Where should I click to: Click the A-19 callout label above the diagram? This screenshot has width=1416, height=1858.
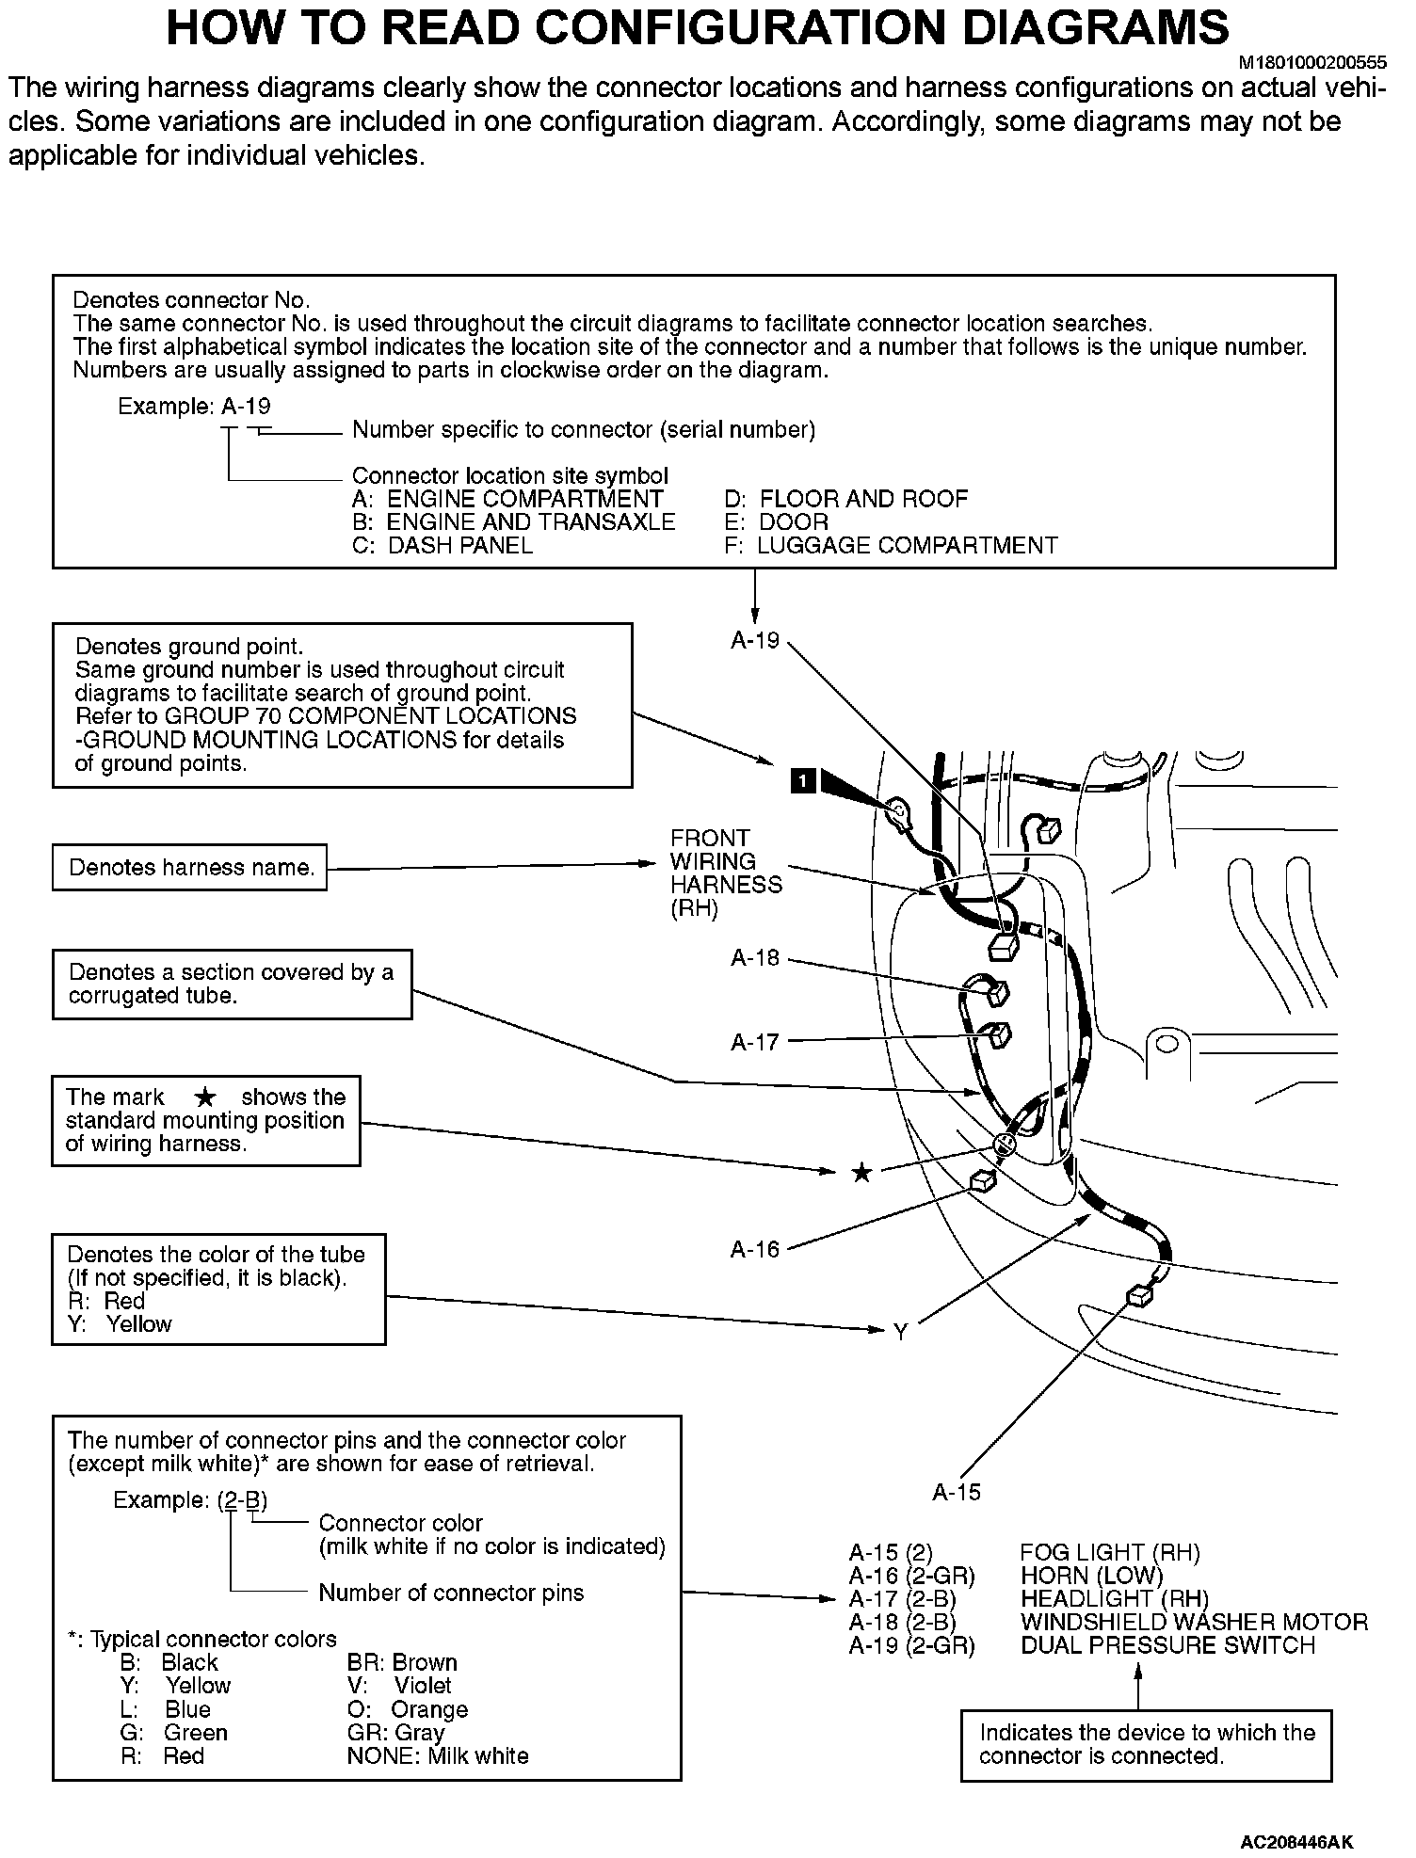click(x=755, y=641)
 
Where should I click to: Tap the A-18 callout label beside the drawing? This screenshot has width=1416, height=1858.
click(x=755, y=958)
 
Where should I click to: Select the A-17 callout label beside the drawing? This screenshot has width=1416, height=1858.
click(x=755, y=1042)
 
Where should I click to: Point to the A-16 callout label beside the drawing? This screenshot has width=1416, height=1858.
click(x=755, y=1249)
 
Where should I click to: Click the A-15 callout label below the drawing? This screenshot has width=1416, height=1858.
click(x=957, y=1492)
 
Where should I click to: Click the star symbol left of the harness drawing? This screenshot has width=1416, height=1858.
click(x=861, y=1173)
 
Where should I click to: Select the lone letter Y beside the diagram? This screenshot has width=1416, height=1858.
click(x=900, y=1332)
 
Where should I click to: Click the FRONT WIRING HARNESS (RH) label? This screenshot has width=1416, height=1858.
click(x=725, y=873)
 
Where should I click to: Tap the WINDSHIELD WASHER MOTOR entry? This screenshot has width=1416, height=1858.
click(x=1194, y=1622)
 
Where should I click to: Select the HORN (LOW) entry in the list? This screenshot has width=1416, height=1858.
click(x=1091, y=1576)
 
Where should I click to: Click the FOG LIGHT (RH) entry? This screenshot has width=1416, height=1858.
click(x=1110, y=1552)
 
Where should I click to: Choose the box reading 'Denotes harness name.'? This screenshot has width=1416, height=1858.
click(x=190, y=867)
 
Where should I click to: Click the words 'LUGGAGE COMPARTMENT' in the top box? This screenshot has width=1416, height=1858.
click(x=908, y=545)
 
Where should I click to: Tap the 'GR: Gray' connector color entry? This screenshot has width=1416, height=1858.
click(x=395, y=1733)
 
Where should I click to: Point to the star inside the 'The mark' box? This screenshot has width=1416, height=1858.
click(x=205, y=1097)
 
